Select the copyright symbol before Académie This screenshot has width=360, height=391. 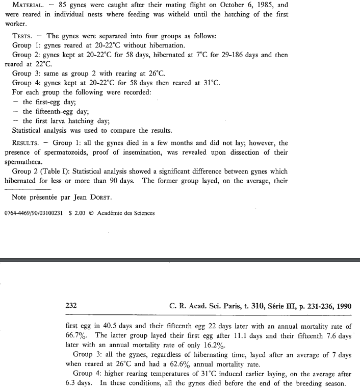92,213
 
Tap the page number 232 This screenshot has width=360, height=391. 71,306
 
